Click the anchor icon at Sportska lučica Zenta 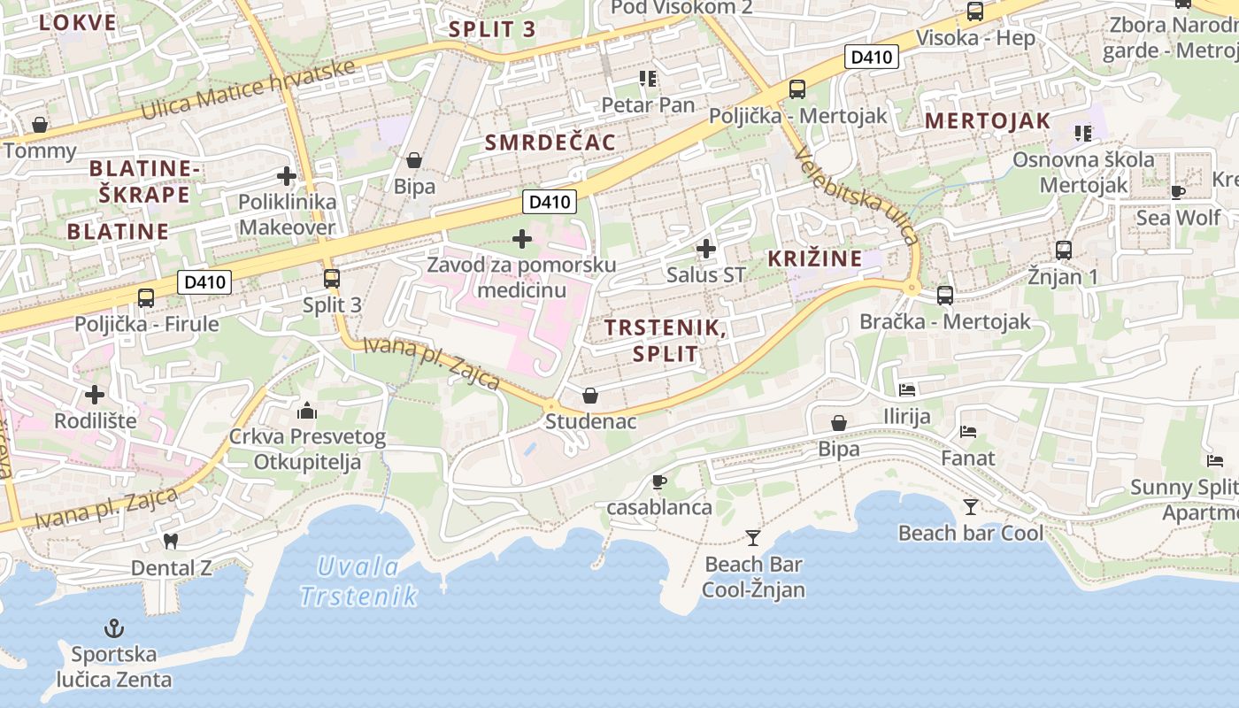113,628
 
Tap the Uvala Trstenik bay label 358,581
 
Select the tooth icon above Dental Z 171,540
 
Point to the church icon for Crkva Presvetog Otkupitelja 307,411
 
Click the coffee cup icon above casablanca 658,481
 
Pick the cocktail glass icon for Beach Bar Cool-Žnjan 752,537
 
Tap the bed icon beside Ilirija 907,389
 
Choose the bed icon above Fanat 968,432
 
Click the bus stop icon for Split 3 332,279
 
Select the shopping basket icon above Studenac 590,396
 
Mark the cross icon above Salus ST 705,249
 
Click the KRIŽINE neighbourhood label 814,258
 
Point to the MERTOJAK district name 988,121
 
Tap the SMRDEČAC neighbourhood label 550,142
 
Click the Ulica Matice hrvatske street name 248,90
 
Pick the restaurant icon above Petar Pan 648,79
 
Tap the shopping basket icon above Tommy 39,125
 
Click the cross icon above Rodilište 95,394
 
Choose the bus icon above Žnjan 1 1063,250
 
